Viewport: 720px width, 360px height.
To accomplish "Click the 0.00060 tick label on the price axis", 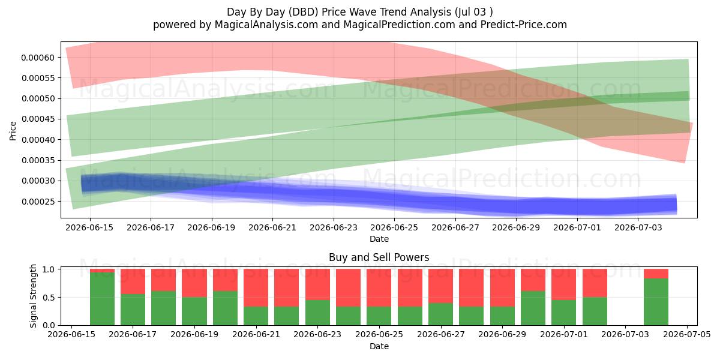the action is click(x=38, y=58).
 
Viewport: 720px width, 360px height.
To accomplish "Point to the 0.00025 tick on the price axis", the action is click(x=38, y=202).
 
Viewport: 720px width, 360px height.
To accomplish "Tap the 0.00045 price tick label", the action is click(x=38, y=119).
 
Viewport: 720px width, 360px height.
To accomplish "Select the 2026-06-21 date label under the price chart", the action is click(x=272, y=228).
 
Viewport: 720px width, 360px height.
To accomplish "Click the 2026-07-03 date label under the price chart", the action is click(x=638, y=228).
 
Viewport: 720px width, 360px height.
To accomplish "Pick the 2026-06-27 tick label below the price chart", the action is click(x=455, y=228).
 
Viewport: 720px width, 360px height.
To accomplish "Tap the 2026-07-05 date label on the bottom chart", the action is click(x=687, y=335).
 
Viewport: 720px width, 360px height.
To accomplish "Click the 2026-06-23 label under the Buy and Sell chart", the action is click(x=317, y=335).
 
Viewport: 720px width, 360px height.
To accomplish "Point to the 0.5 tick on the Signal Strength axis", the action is click(x=49, y=298).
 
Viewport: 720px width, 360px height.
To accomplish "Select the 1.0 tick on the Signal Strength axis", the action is click(x=49, y=269).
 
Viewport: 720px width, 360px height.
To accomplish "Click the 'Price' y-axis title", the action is click(x=13, y=131).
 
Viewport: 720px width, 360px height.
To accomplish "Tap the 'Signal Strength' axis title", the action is click(x=33, y=296).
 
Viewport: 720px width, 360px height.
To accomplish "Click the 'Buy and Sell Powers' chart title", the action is click(x=379, y=257).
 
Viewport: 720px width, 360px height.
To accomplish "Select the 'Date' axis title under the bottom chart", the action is click(x=379, y=347).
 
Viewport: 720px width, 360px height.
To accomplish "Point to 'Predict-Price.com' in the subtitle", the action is click(x=524, y=25).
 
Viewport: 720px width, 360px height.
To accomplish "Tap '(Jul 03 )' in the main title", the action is click(x=473, y=12).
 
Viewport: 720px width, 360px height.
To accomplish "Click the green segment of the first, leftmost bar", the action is click(x=102, y=299).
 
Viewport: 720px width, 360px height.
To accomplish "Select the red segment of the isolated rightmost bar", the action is click(x=656, y=274).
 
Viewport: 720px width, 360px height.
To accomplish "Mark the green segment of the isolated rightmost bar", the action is click(x=656, y=302).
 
